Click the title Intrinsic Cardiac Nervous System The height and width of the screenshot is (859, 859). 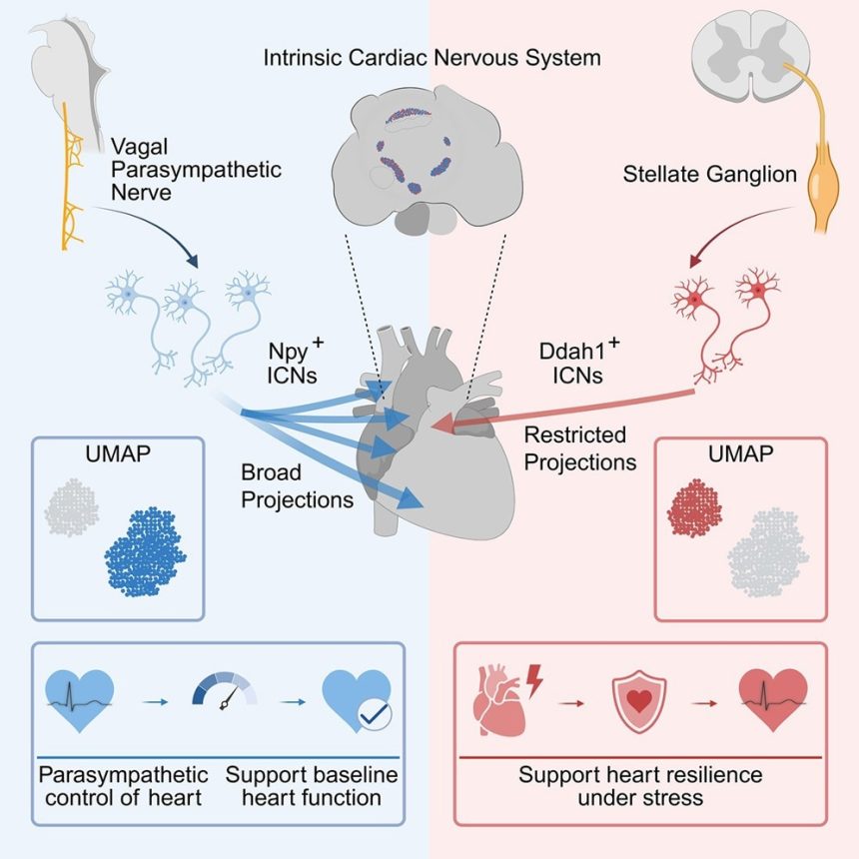pyautogui.click(x=431, y=58)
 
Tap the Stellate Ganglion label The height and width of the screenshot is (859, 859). pyautogui.click(x=710, y=174)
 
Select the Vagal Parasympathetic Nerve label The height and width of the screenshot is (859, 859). pyautogui.click(x=196, y=169)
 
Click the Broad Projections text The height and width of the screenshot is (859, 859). pyautogui.click(x=297, y=485)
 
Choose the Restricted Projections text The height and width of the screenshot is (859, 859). pyautogui.click(x=580, y=448)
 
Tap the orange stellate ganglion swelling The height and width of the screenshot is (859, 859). pyautogui.click(x=823, y=184)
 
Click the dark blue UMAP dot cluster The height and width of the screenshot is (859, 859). pyautogui.click(x=146, y=551)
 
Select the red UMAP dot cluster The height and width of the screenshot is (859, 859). pyautogui.click(x=694, y=507)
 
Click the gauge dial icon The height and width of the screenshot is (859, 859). pyautogui.click(x=225, y=691)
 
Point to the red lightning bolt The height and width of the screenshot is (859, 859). pyautogui.click(x=534, y=680)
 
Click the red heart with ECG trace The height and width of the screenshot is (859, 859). pyautogui.click(x=773, y=699)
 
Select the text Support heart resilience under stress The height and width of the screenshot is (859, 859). pyautogui.click(x=640, y=786)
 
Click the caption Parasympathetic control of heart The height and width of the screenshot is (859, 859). pyautogui.click(x=123, y=786)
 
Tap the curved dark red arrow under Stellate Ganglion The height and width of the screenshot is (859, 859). pyautogui.click(x=739, y=230)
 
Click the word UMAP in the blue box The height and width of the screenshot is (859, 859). pyautogui.click(x=118, y=453)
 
